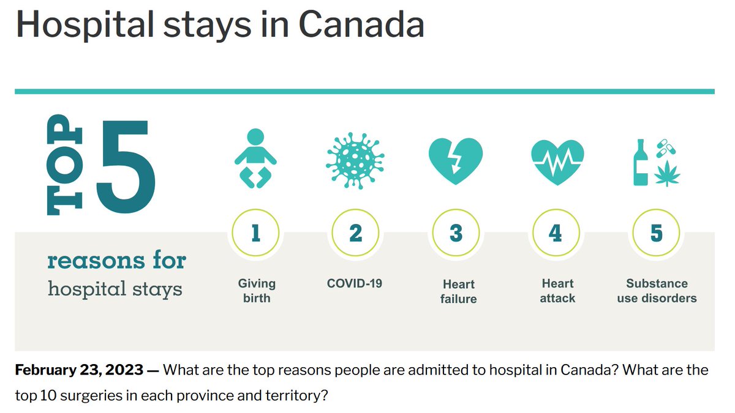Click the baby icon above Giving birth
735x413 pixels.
(x=255, y=157)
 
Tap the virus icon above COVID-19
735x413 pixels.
(x=355, y=158)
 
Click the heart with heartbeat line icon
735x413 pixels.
(x=557, y=161)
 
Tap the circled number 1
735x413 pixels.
(x=255, y=233)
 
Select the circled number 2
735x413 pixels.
(x=355, y=233)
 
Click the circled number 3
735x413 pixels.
(x=456, y=233)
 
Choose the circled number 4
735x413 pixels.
(x=556, y=233)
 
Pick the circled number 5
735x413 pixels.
(x=656, y=233)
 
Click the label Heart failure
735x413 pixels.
(x=458, y=291)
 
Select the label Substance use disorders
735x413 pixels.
(x=657, y=291)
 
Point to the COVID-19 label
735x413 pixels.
(x=355, y=283)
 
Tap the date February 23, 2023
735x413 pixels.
(x=79, y=370)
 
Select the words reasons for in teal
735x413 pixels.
(x=116, y=261)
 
